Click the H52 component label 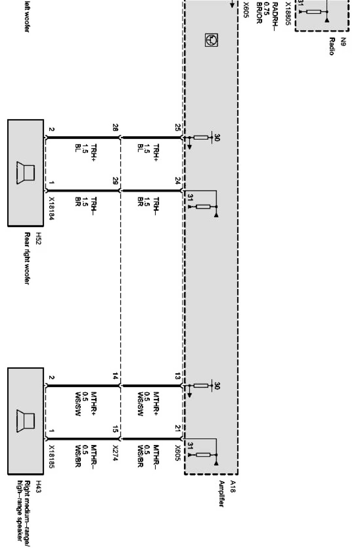pyautogui.click(x=38, y=238)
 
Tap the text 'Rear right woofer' pyautogui.click(x=27, y=258)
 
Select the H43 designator pyautogui.click(x=38, y=487)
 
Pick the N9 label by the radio pyautogui.click(x=343, y=41)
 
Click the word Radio pyautogui.click(x=332, y=46)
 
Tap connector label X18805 pyautogui.click(x=288, y=14)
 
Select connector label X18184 pyautogui.click(x=51, y=208)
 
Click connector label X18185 pyautogui.click(x=51, y=457)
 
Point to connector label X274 pyautogui.click(x=115, y=453)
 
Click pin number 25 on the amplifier pyautogui.click(x=178, y=127)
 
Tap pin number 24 pyautogui.click(x=178, y=180)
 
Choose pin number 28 pyautogui.click(x=115, y=127)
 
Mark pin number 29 pyautogui.click(x=115, y=181)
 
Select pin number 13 pyautogui.click(x=178, y=376)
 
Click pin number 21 pyautogui.click(x=178, y=428)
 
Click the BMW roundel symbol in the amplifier pyautogui.click(x=212, y=40)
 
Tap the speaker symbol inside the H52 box pyautogui.click(x=26, y=173)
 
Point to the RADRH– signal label pyautogui.click(x=275, y=14)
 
